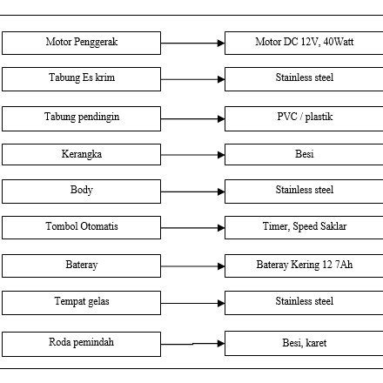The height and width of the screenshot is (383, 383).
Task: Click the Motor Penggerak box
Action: pyautogui.click(x=81, y=43)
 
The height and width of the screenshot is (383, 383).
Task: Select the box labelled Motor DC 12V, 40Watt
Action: pyautogui.click(x=304, y=43)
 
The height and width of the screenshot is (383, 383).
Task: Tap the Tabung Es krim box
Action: pyautogui.click(x=81, y=79)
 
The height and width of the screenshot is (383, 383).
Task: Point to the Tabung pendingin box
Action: pyautogui.click(x=81, y=118)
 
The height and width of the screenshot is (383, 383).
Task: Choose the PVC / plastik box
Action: pyautogui.click(x=304, y=118)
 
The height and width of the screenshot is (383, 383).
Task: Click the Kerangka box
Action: pyautogui.click(x=81, y=155)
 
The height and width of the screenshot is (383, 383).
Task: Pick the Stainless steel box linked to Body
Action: pyautogui.click(x=304, y=191)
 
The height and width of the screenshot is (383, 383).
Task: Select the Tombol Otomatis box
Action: pyautogui.click(x=81, y=227)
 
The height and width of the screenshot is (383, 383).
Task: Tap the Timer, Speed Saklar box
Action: pyautogui.click(x=304, y=227)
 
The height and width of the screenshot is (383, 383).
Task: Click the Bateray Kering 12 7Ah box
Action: pyautogui.click(x=304, y=265)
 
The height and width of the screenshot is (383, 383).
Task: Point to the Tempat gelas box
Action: pyautogui.click(x=81, y=302)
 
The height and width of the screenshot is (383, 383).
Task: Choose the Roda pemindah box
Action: pyautogui.click(x=81, y=343)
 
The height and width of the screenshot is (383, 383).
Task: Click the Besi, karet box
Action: pyautogui.click(x=304, y=343)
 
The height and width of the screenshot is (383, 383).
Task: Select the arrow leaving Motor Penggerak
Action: pyautogui.click(x=192, y=43)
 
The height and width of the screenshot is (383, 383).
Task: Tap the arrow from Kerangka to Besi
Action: pyautogui.click(x=192, y=155)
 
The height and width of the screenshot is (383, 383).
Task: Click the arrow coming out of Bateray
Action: pyautogui.click(x=192, y=265)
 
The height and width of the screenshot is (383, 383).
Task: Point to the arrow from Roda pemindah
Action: pyautogui.click(x=192, y=344)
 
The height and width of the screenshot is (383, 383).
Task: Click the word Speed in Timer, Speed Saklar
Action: pyautogui.click(x=306, y=227)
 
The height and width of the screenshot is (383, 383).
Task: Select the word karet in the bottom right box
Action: pyautogui.click(x=316, y=344)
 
